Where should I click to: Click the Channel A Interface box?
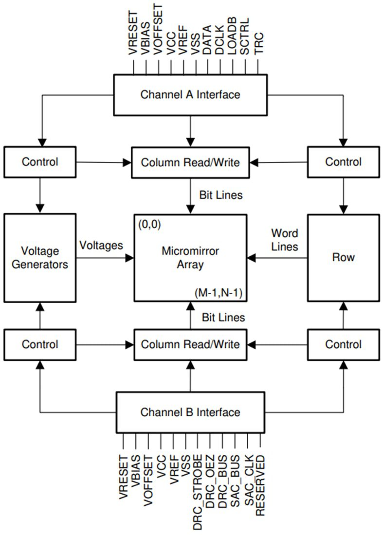pos(190,94)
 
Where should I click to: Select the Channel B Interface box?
pos(190,412)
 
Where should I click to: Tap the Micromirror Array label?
pos(190,258)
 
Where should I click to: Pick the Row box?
pos(344,257)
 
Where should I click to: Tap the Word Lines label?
pos(285,240)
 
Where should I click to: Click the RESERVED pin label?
pos(261,485)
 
